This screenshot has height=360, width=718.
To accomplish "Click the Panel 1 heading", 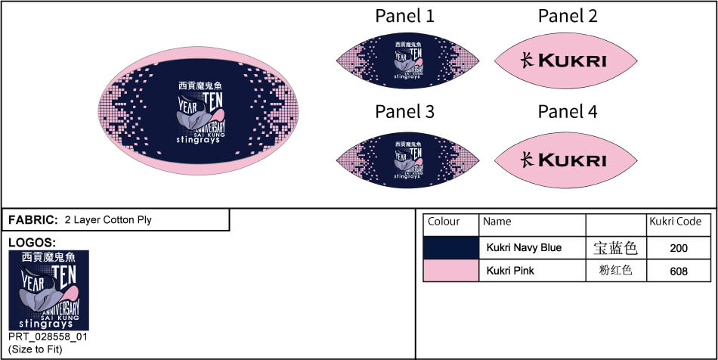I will click(405, 16).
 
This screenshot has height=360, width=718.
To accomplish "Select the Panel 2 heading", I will click(568, 16).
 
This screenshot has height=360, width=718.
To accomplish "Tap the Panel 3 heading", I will click(405, 112).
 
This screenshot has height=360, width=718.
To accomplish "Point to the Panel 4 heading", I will click(568, 112).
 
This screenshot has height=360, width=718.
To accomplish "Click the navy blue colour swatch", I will click(450, 247).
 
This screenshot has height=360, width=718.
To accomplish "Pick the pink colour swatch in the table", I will click(450, 270).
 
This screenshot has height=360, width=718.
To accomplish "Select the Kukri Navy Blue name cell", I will click(524, 247).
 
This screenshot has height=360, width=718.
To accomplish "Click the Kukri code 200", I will click(679, 248).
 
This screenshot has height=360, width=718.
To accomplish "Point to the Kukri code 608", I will click(679, 271).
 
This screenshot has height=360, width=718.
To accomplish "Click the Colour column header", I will click(444, 222).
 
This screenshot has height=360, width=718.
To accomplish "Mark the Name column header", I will click(497, 222).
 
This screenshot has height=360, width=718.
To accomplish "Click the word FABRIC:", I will click(33, 220).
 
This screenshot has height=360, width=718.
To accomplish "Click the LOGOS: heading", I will click(32, 243).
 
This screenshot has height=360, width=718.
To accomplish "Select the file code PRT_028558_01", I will click(48, 337).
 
